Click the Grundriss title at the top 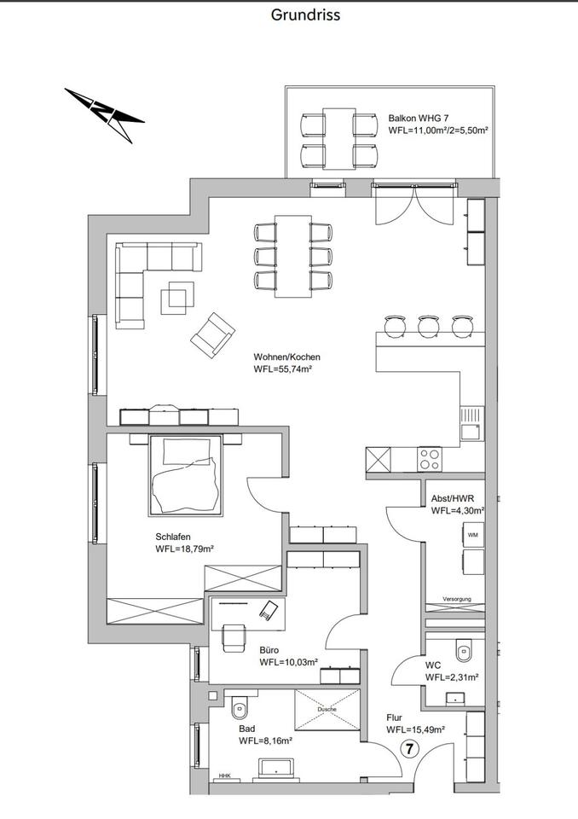[305, 15]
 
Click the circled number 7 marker [410, 750]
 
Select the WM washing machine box [473, 535]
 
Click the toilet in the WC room [463, 651]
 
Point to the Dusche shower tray [327, 710]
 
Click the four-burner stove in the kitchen [430, 459]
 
